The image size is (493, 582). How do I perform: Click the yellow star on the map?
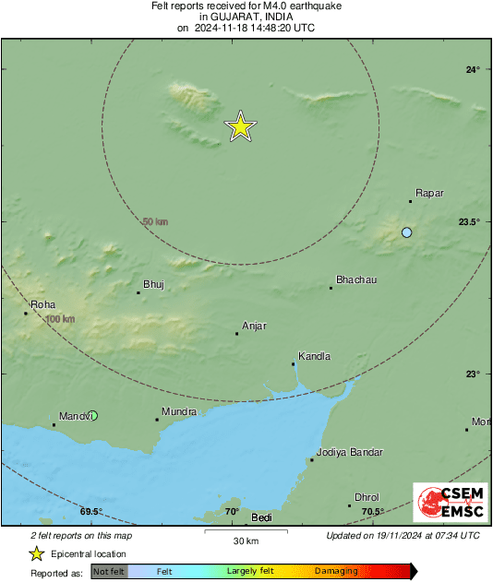tap(240, 125)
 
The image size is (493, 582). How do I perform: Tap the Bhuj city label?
tap(153, 284)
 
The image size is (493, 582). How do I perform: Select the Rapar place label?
tap(429, 193)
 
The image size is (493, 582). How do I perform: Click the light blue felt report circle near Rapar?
tap(406, 232)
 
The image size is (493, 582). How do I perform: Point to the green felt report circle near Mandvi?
tap(92, 416)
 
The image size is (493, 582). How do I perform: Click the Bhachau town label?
tap(356, 279)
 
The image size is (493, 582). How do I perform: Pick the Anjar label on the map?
tap(254, 326)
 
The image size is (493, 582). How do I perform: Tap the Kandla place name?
tap(314, 357)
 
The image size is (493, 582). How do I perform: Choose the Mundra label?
tap(178, 411)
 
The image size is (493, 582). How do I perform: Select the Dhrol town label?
tap(367, 497)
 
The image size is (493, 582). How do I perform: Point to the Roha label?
tap(43, 304)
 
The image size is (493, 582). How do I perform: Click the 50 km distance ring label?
tap(155, 222)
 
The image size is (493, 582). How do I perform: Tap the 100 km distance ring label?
tap(59, 319)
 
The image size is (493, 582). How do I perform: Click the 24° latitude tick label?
tap(473, 70)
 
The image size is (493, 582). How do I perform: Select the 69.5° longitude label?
tap(90, 512)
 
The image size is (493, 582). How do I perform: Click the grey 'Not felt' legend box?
tap(109, 572)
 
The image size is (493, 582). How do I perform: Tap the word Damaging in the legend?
tap(336, 572)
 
